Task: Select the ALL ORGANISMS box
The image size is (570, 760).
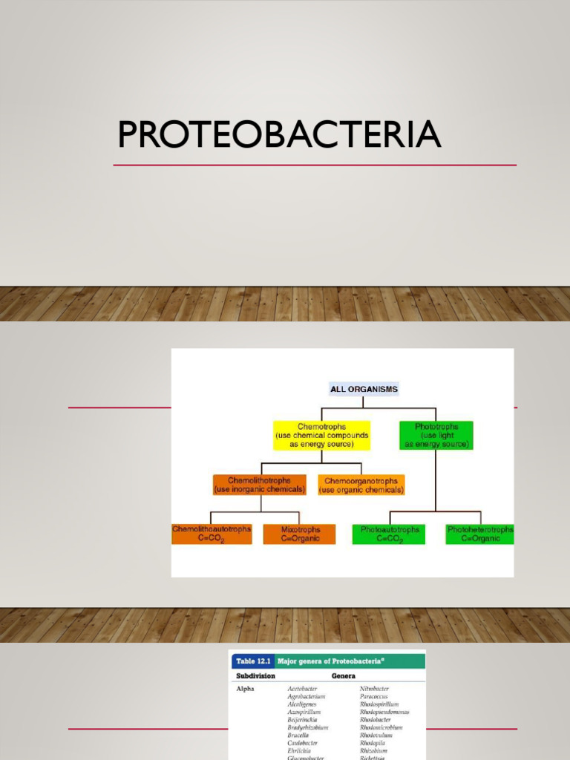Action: pos(363,389)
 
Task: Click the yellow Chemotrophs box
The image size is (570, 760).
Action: pos(321,436)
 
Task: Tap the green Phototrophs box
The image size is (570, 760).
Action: pos(436,436)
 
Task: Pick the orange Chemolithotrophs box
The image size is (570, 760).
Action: pos(260,485)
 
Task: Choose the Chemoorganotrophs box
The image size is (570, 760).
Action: pos(361,485)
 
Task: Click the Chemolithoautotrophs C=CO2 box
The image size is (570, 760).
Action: pos(212,534)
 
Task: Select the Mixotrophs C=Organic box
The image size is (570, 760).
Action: pos(300,534)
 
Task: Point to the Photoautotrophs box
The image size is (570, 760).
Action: pos(389,534)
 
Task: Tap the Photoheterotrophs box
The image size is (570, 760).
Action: pos(480,534)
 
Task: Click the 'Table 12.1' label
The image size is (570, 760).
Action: pos(252,661)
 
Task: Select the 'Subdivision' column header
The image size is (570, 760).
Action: pos(255,676)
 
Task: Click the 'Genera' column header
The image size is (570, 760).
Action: pos(344,676)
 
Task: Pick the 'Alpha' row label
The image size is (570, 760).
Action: pos(246,689)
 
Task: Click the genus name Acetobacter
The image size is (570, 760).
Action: pos(302,689)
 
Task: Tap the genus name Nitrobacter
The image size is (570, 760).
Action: pos(374,689)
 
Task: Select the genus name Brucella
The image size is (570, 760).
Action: pos(298,735)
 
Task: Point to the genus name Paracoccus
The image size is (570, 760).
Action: pos(375,696)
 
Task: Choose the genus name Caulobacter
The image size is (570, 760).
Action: pos(303,742)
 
